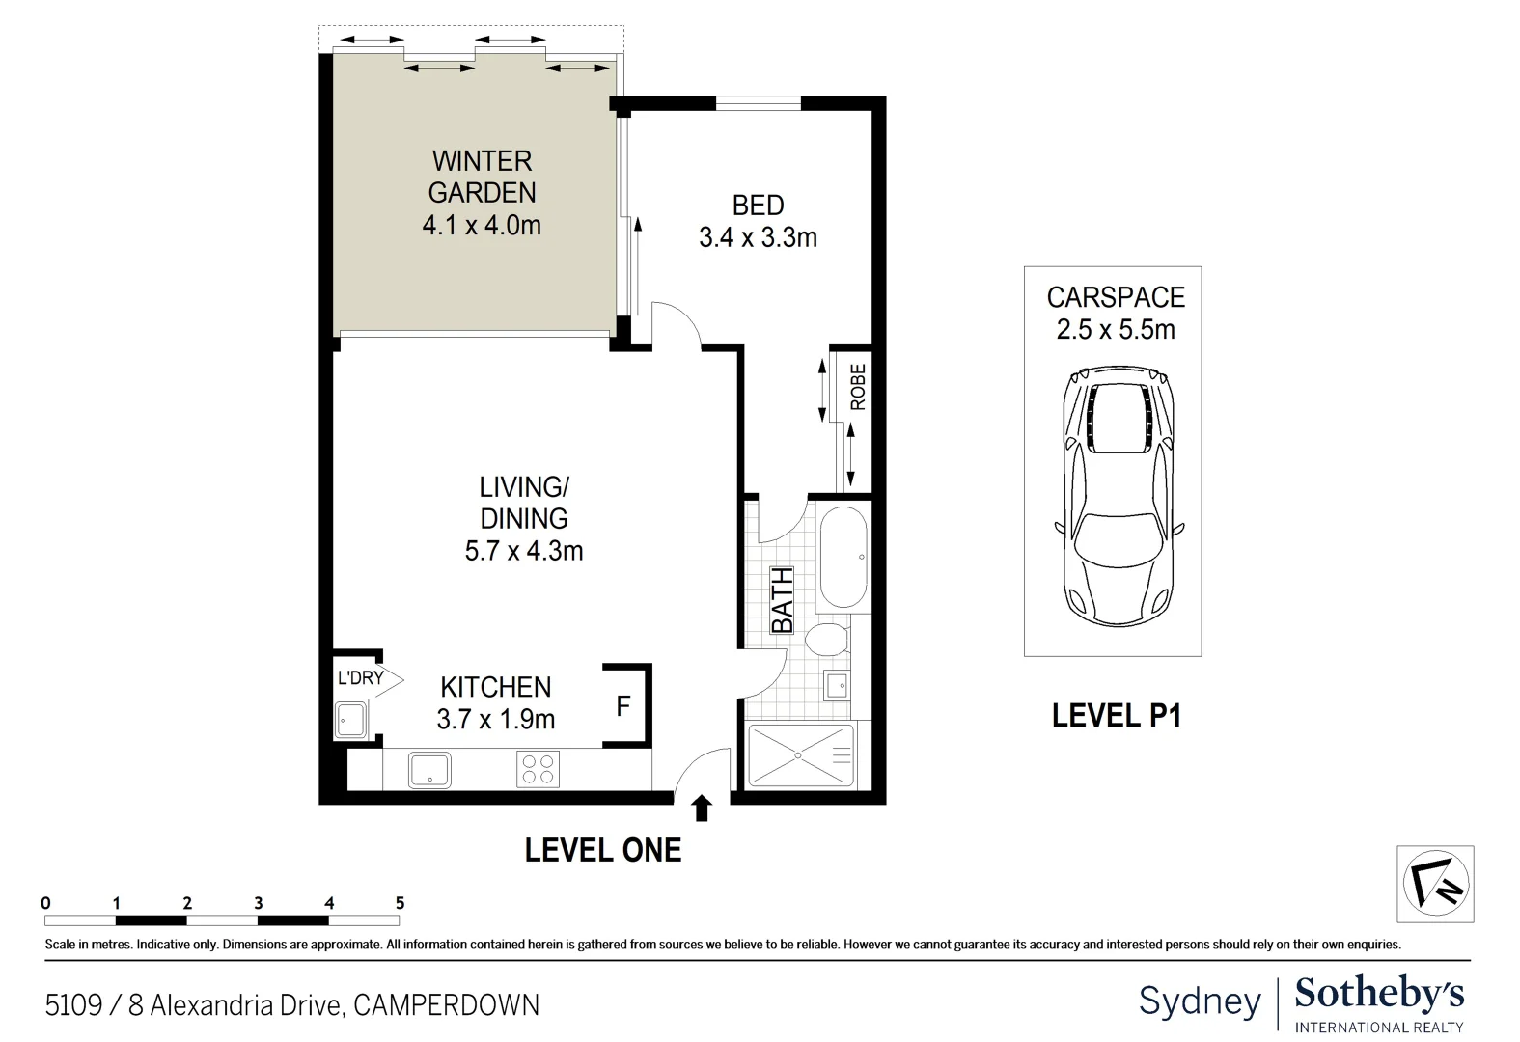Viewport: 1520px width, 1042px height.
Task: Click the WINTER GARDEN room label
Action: [x=482, y=177]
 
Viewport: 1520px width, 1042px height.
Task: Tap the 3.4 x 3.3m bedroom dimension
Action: [x=758, y=237]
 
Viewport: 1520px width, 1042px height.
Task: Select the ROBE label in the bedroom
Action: [x=858, y=387]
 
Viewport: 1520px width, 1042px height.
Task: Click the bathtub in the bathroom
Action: [x=843, y=557]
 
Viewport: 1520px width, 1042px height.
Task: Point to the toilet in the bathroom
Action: [x=826, y=639]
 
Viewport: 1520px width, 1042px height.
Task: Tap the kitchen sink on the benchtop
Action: [x=429, y=770]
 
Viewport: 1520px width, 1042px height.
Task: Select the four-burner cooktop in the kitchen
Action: [x=538, y=769]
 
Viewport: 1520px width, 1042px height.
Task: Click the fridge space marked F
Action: [x=623, y=706]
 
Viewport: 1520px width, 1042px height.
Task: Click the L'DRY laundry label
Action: [x=361, y=678]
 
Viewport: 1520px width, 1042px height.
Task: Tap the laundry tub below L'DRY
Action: [x=350, y=720]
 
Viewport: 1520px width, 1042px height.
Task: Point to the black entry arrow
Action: [x=702, y=808]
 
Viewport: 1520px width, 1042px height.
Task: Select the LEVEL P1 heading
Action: [x=1116, y=716]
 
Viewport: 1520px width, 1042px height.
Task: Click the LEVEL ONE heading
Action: [x=603, y=850]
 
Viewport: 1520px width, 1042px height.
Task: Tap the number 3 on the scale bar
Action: [x=259, y=903]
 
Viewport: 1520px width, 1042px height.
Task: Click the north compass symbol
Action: [x=1435, y=884]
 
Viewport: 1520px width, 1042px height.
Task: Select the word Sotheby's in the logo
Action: [x=1379, y=994]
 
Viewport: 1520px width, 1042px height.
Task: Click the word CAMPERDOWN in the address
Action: [x=446, y=1005]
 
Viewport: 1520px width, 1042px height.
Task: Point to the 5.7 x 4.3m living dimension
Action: [x=524, y=551]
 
